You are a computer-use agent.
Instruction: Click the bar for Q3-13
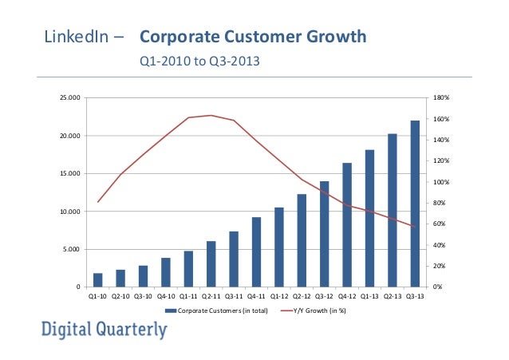[415, 204]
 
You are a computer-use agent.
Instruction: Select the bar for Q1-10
[97, 280]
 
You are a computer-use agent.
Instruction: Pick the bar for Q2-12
[302, 240]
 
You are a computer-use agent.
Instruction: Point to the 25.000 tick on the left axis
[71, 98]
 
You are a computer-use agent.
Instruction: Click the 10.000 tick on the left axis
[71, 212]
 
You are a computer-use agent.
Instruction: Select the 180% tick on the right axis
[440, 98]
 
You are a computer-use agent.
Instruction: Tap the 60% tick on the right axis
[440, 224]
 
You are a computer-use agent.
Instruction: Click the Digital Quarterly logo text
[105, 330]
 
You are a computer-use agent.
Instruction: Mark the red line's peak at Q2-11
[211, 115]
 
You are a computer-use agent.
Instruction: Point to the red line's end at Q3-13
[415, 227]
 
